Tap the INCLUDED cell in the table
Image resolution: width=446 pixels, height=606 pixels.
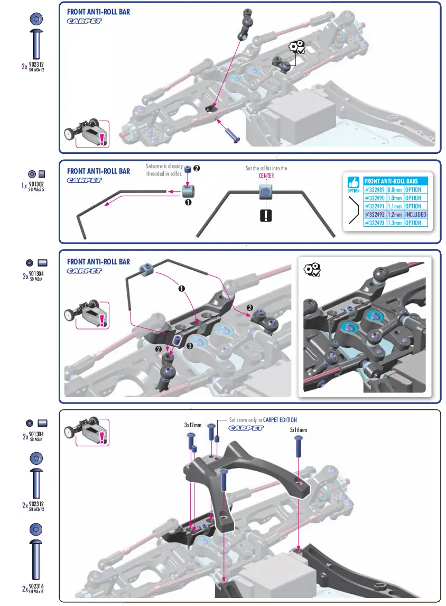pyautogui.click(x=416, y=215)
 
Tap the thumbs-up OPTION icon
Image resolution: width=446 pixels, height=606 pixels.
pyautogui.click(x=353, y=183)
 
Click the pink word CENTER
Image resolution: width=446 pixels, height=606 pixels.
pyautogui.click(x=266, y=176)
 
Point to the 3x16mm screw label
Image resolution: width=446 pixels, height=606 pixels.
pyautogui.click(x=299, y=430)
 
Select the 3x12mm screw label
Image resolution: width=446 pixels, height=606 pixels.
pyautogui.click(x=193, y=425)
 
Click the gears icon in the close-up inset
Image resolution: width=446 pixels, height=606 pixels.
pyautogui.click(x=312, y=270)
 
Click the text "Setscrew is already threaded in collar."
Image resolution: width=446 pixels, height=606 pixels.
pyautogui.click(x=164, y=170)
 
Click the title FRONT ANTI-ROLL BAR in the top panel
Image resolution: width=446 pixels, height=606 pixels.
pyautogui.click(x=98, y=12)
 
